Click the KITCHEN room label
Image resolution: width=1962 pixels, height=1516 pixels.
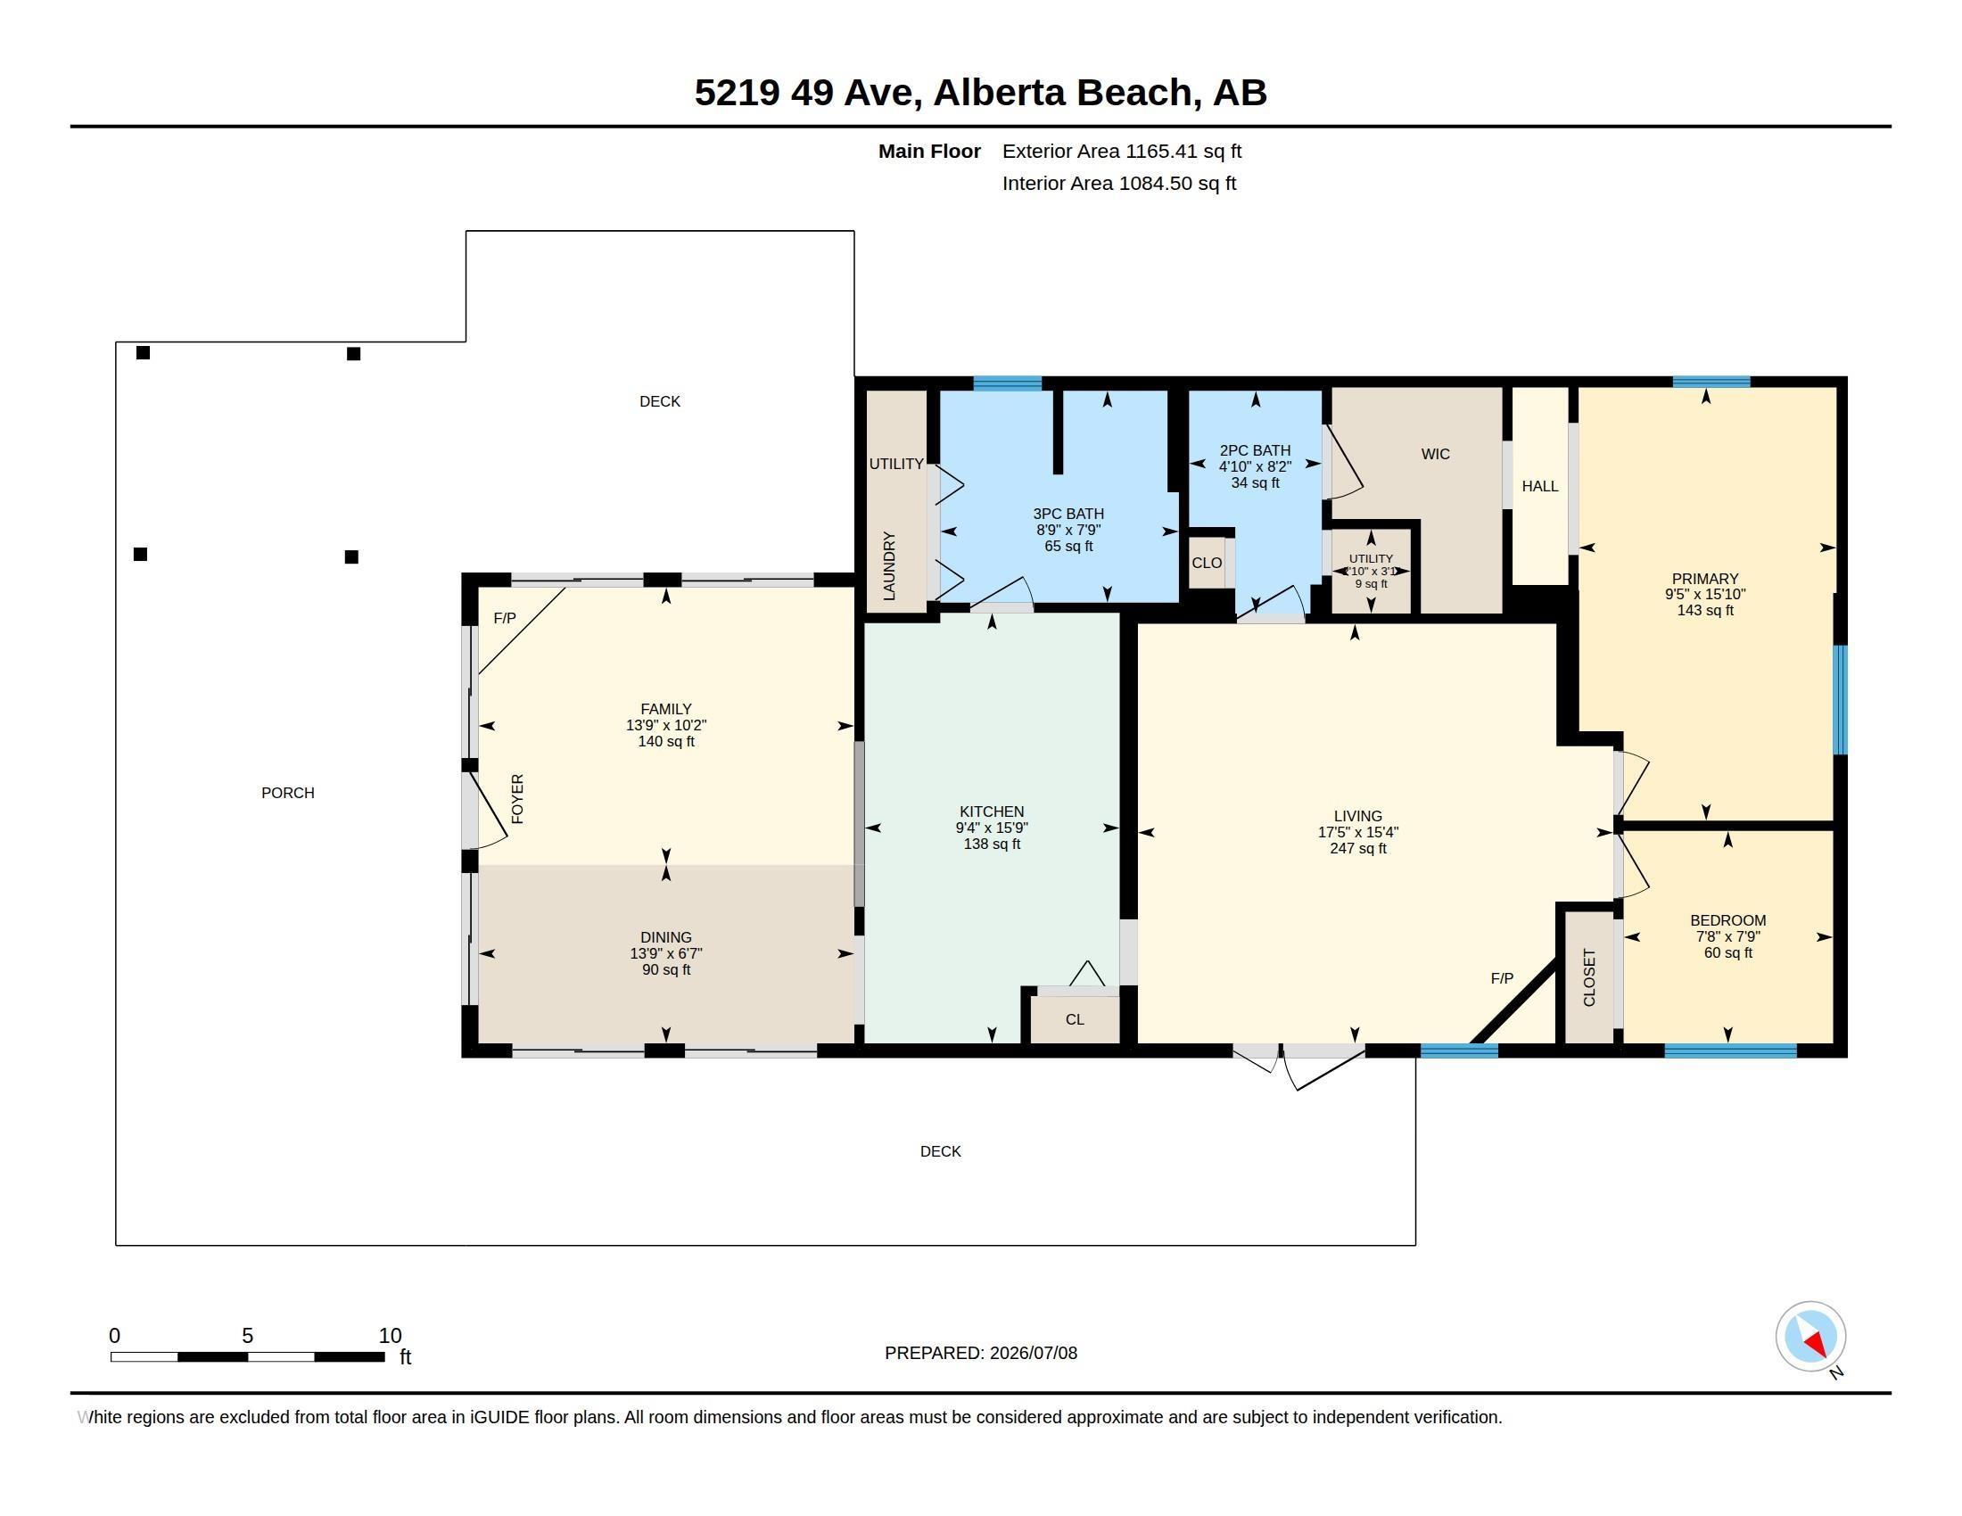(x=992, y=811)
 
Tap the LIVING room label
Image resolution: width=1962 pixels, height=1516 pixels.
(x=1357, y=815)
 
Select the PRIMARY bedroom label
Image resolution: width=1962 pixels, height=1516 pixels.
(x=1705, y=579)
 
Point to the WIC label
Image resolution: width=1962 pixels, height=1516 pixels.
(x=1436, y=454)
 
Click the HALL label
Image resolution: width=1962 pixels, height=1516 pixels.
(x=1540, y=486)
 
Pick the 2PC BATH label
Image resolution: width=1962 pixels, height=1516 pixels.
(x=1255, y=450)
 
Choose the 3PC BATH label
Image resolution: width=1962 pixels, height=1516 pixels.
(x=1068, y=514)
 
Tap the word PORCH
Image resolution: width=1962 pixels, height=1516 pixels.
(x=287, y=792)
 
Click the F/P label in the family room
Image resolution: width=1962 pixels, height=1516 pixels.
(x=505, y=618)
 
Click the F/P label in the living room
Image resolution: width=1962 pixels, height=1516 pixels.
(x=1502, y=978)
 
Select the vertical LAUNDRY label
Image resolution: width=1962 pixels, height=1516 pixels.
(x=889, y=565)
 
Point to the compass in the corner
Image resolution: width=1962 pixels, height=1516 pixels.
(x=1810, y=1337)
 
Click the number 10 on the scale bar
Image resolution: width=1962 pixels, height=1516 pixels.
(x=390, y=1336)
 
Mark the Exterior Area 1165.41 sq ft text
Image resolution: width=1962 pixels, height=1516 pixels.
(x=1122, y=151)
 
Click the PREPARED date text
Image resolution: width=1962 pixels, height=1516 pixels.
(x=981, y=1353)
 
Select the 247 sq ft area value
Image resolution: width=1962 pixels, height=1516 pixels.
(x=1358, y=848)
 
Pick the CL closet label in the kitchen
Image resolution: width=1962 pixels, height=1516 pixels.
(x=1075, y=1019)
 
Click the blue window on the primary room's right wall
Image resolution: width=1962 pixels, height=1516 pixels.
(x=1840, y=700)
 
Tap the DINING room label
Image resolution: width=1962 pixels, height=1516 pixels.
(x=665, y=936)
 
